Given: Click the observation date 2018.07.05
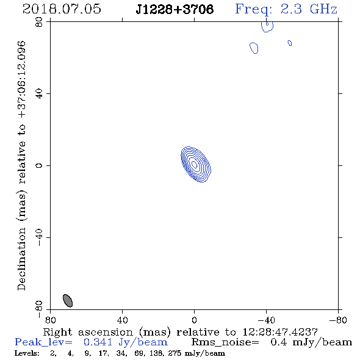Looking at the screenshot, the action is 62,9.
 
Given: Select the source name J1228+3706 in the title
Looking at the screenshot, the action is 175,9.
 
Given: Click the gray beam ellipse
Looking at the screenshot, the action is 68,301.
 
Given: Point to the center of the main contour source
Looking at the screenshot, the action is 195,164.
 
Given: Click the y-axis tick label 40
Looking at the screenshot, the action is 39,94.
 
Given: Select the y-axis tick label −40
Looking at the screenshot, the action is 39,237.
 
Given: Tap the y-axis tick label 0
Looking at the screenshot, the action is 39,165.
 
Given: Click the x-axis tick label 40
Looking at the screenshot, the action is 122,320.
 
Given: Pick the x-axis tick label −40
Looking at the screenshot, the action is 266,320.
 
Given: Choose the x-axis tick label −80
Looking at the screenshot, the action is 338,320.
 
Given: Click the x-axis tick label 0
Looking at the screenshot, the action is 194,320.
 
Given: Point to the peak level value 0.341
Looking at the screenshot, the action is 98,342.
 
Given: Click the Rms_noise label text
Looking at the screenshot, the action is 225,342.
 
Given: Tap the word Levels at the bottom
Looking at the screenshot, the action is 27,353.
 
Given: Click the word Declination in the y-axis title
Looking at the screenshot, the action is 21,259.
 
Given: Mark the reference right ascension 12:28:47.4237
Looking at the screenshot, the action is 280,332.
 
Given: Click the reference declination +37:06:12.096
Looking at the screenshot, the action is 21,79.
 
